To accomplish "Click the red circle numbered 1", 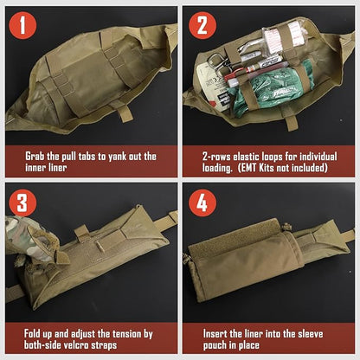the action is (x=22, y=25).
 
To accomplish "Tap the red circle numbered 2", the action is (x=202, y=25).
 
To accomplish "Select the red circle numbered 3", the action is (x=22, y=202).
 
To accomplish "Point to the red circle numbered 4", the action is (x=202, y=202).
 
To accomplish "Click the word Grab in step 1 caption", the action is (x=35, y=157).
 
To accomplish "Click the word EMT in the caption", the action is (x=248, y=168).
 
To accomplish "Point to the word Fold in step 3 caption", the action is (x=33, y=333).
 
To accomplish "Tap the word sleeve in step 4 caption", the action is (x=310, y=334).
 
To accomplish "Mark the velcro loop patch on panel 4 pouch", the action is (x=241, y=235).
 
